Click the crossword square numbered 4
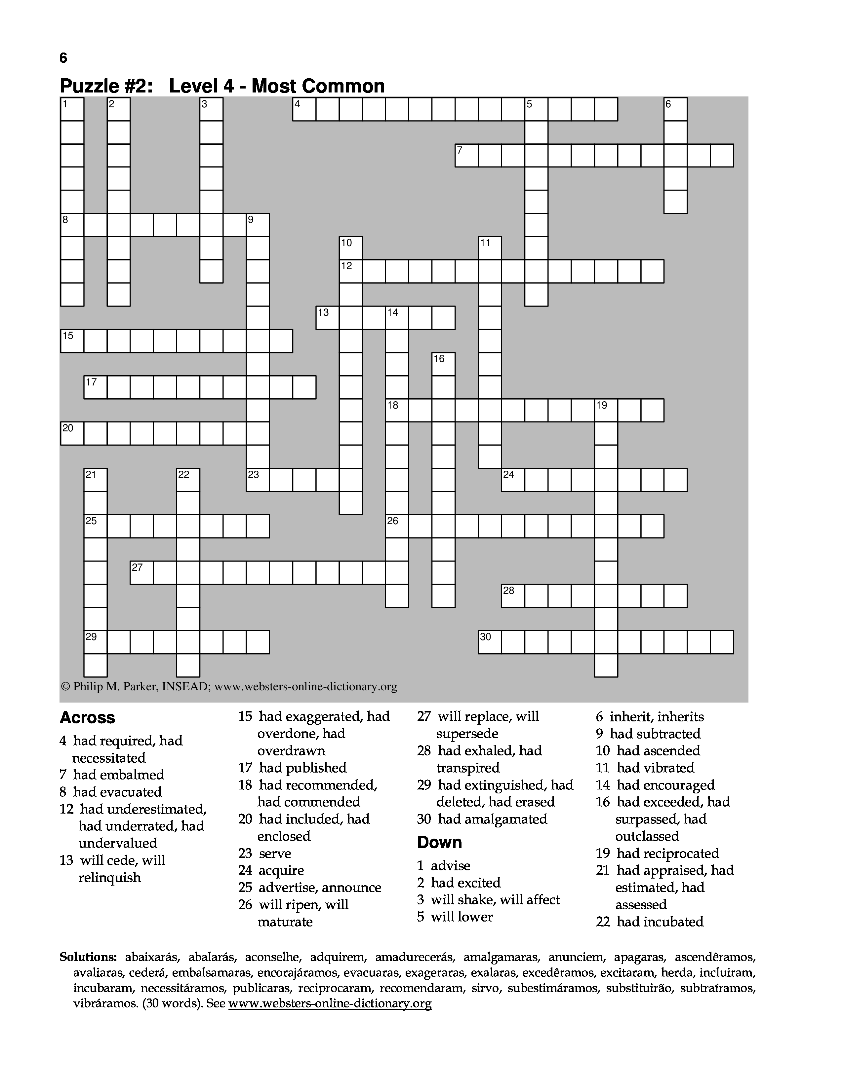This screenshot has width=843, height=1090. pos(304,109)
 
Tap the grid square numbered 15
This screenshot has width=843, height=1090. pos(72,341)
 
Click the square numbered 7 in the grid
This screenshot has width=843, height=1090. pos(466,155)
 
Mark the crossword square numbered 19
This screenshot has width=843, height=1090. pos(606,410)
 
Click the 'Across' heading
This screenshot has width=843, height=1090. pos(87,718)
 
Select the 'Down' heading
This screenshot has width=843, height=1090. pos(439,843)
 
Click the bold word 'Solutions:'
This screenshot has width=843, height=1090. pos(88,957)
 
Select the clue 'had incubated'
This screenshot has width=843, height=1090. pos(660,922)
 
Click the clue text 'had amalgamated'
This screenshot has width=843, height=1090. pos(493,819)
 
